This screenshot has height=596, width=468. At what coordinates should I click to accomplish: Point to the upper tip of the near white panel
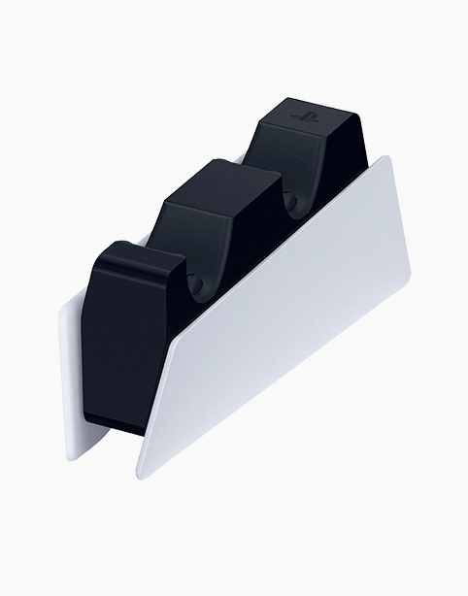click(386, 156)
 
